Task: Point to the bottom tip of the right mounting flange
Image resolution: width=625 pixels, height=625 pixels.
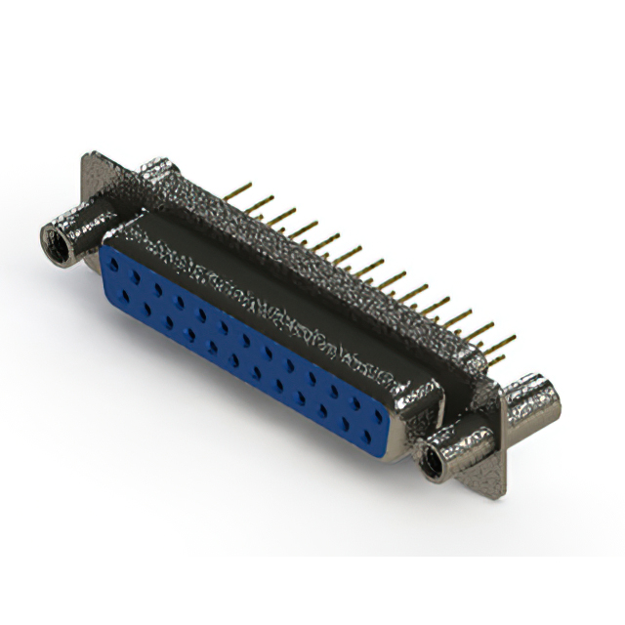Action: (498, 494)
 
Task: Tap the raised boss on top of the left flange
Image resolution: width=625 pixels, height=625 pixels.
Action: (156, 174)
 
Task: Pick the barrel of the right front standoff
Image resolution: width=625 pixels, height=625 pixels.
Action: (459, 444)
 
